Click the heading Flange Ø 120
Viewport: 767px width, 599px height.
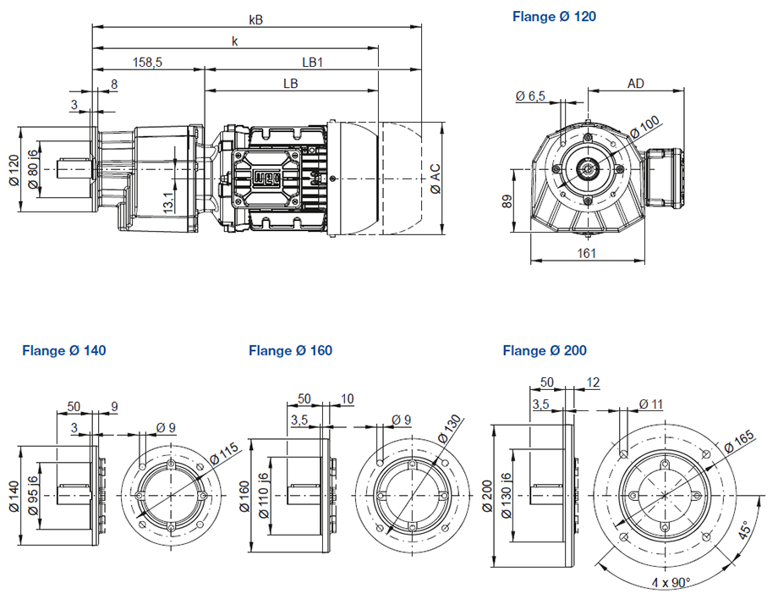(x=554, y=16)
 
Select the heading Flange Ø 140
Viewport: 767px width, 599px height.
(x=64, y=350)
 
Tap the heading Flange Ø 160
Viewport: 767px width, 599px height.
(x=290, y=350)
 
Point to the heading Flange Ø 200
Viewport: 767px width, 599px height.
(x=545, y=350)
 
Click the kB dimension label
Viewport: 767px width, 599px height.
(x=256, y=18)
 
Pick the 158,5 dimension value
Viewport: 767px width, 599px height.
(x=147, y=62)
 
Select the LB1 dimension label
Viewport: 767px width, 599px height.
(x=314, y=62)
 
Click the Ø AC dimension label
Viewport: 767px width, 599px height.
(x=435, y=178)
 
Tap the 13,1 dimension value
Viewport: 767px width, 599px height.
(x=169, y=203)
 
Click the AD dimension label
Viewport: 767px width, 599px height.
(x=637, y=83)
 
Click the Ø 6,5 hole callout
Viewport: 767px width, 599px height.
(x=530, y=97)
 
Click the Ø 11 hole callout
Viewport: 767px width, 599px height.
(x=649, y=404)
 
